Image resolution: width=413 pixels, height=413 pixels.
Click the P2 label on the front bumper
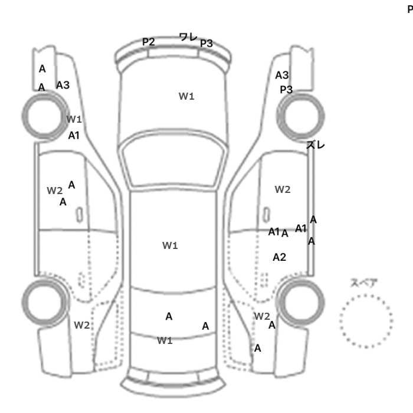pyautogui.click(x=148, y=42)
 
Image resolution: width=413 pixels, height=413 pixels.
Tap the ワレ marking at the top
pyautogui.click(x=188, y=37)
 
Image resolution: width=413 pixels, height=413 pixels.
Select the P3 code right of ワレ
pyautogui.click(x=206, y=43)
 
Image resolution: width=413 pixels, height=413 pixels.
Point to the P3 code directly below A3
pyautogui.click(x=286, y=90)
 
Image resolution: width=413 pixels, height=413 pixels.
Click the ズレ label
pyautogui.click(x=316, y=145)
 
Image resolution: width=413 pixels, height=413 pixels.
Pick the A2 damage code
pyautogui.click(x=280, y=257)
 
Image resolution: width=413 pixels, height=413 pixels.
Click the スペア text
pyautogui.click(x=364, y=283)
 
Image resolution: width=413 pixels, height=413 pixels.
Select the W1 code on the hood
pyautogui.click(x=186, y=96)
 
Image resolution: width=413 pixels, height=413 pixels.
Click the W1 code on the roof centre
pyautogui.click(x=170, y=245)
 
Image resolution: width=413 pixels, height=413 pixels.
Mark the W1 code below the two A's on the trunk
pyautogui.click(x=165, y=340)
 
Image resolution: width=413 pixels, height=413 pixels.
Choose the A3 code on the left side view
pyautogui.click(x=63, y=85)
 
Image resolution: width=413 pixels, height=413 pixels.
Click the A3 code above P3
pyautogui.click(x=282, y=76)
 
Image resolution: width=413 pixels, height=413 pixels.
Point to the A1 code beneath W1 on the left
pyautogui.click(x=74, y=135)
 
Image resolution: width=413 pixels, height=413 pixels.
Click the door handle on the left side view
pyautogui.click(x=79, y=215)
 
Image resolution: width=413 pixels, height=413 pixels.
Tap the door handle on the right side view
pyautogui.click(x=267, y=215)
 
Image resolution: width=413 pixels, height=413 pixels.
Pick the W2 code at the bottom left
pyautogui.click(x=82, y=325)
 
